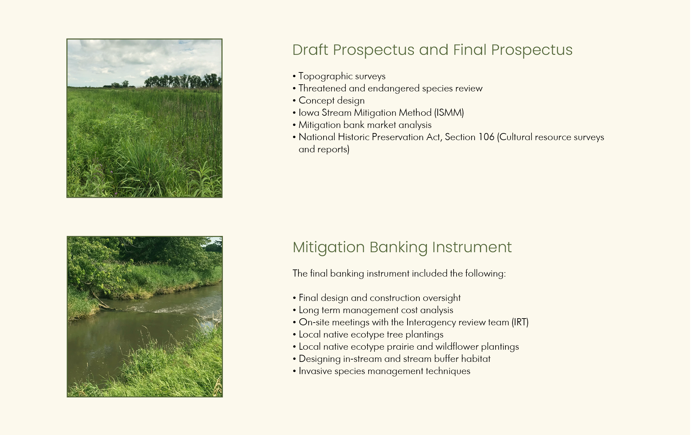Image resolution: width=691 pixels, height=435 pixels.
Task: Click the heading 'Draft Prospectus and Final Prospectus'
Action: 432,50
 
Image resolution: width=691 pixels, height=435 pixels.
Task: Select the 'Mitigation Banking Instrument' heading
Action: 402,247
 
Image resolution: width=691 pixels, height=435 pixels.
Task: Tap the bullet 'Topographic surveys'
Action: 339,76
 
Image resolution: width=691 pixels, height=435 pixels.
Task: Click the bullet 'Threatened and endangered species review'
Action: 388,88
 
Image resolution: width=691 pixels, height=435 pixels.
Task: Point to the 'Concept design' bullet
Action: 329,101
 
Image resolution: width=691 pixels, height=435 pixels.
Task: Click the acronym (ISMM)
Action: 449,113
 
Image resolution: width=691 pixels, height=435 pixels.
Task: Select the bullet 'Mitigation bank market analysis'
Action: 362,125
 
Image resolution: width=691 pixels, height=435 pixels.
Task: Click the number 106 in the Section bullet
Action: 486,137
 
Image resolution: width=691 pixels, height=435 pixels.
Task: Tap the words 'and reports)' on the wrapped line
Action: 324,149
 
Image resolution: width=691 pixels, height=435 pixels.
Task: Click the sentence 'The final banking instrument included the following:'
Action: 399,274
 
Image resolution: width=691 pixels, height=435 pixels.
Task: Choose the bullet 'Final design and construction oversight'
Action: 377,298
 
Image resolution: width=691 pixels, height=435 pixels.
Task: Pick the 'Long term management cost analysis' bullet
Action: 373,310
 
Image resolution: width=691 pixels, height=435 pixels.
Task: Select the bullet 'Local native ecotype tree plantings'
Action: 368,334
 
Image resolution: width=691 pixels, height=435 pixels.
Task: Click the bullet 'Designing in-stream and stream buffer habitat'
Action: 392,359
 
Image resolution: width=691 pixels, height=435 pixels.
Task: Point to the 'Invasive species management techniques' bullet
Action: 381,371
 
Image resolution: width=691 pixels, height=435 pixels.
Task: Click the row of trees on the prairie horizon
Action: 183,81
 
